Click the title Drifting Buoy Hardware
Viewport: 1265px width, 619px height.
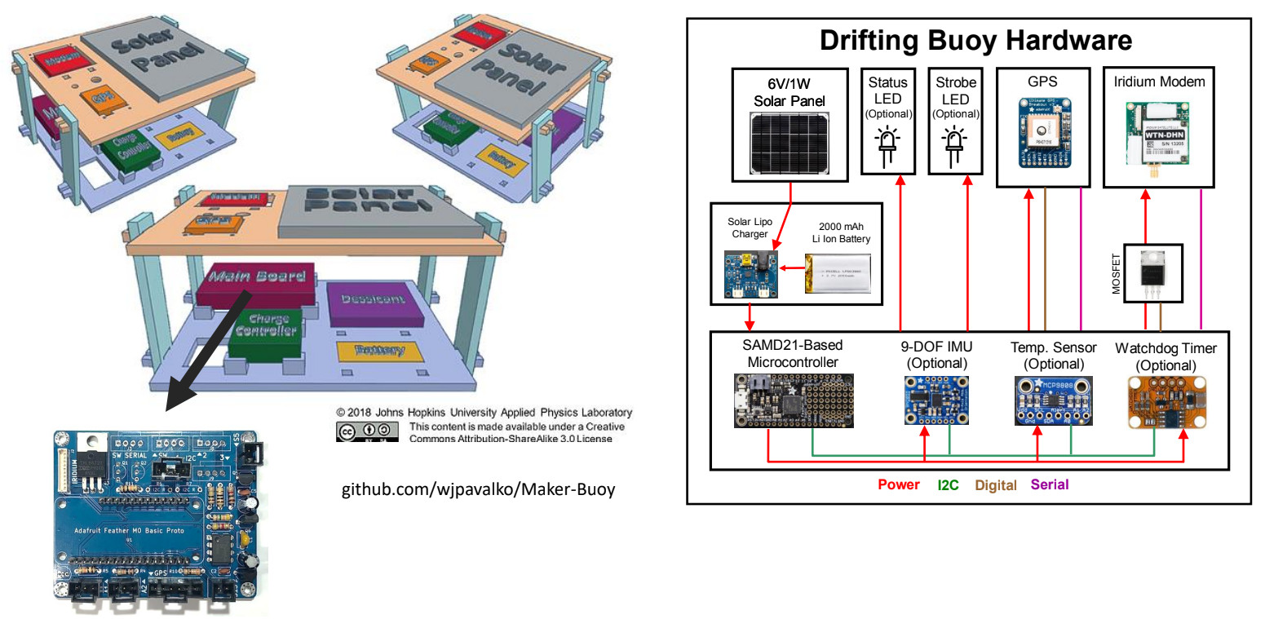point(975,41)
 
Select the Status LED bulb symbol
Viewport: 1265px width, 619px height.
point(888,145)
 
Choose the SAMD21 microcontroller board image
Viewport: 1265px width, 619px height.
point(794,400)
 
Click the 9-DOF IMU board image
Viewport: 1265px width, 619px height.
point(935,400)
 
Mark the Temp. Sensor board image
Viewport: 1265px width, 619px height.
point(1054,400)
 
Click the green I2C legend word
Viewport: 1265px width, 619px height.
point(949,484)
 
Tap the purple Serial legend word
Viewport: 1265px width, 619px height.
point(1050,484)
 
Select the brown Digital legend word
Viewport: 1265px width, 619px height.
point(996,485)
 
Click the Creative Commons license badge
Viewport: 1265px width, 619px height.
point(367,431)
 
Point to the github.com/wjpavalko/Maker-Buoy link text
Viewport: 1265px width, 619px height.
point(477,490)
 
